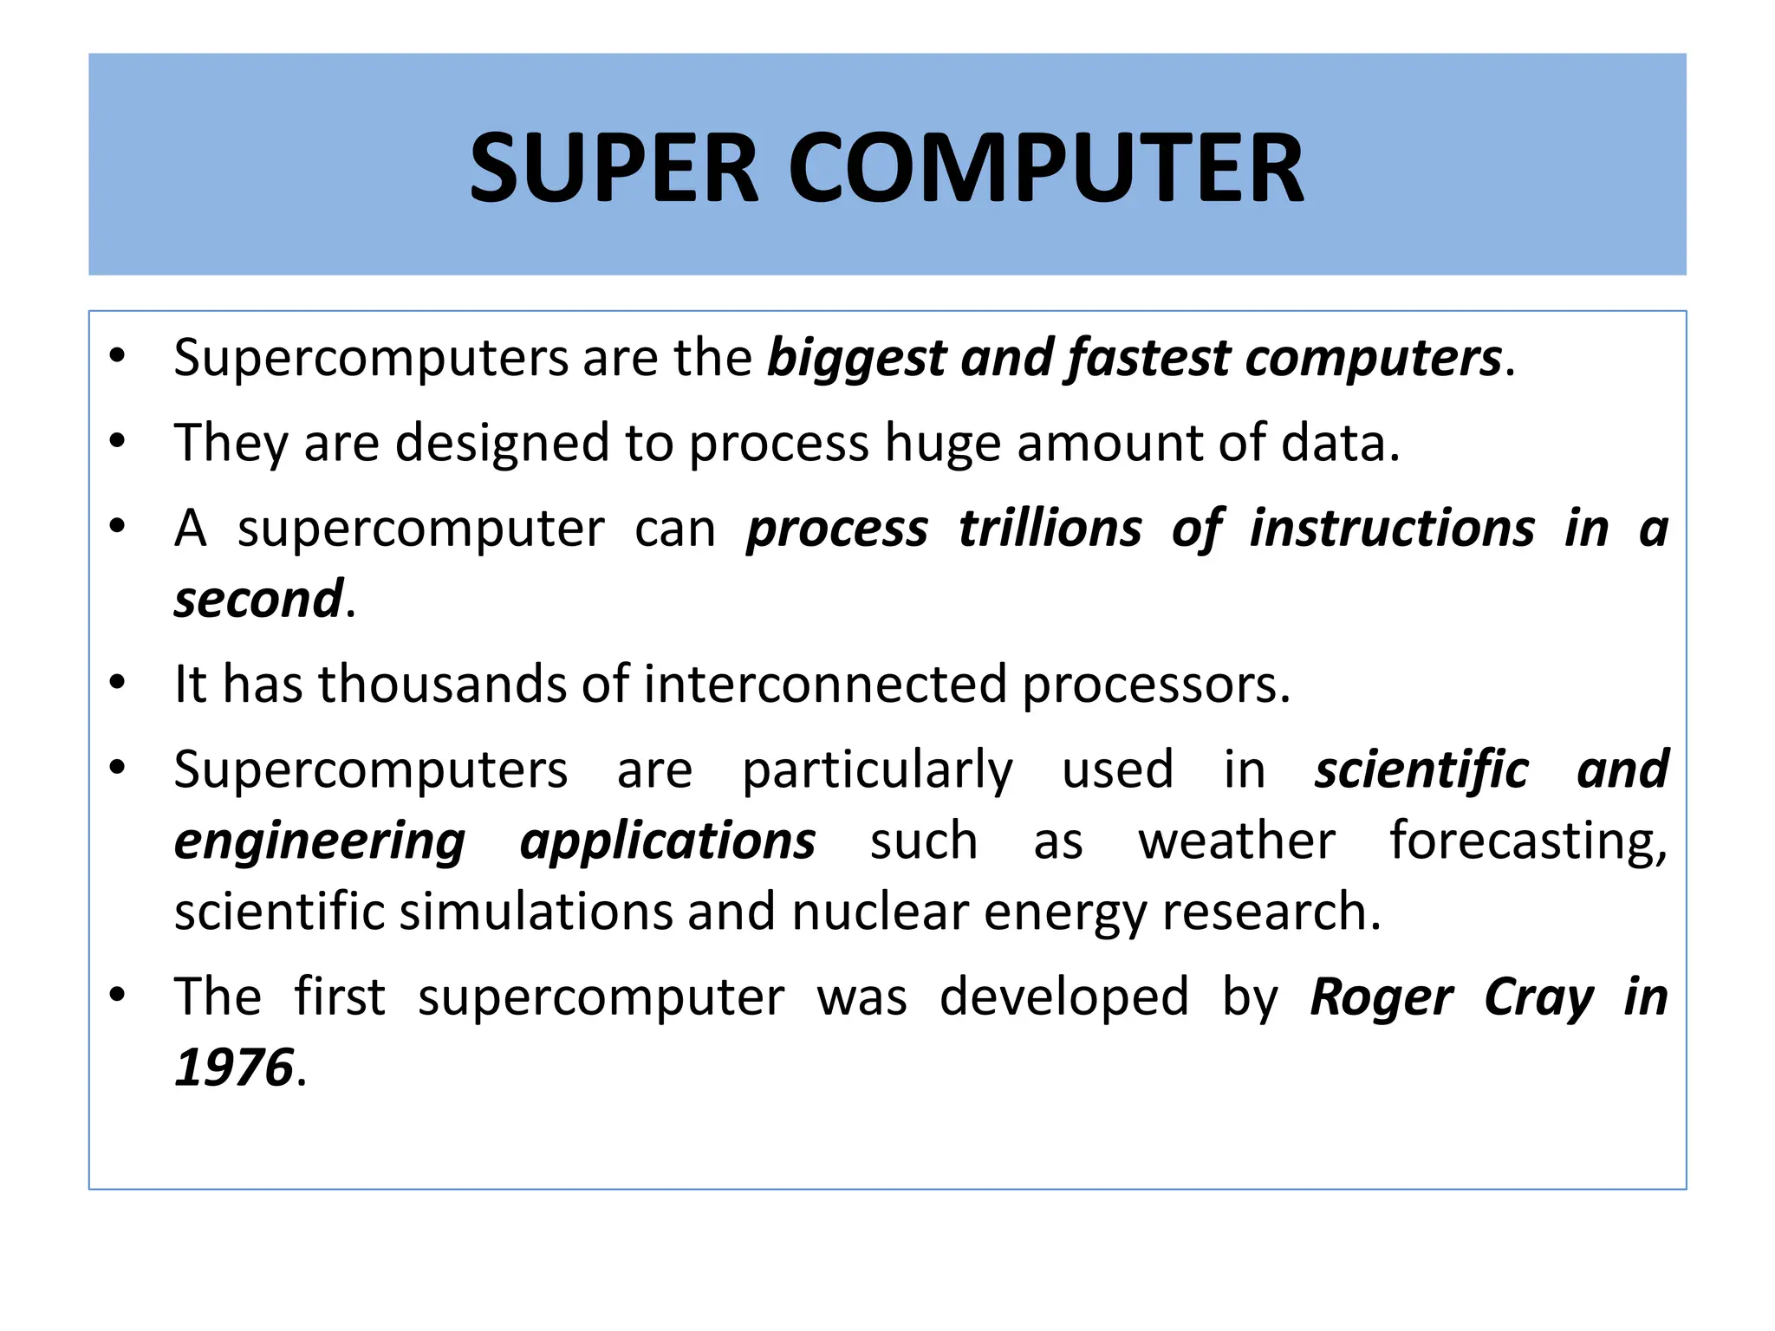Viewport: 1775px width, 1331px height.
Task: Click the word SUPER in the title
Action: coord(614,167)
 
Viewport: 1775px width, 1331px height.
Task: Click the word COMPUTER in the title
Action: coord(1045,167)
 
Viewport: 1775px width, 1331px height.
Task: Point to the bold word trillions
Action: coord(1050,529)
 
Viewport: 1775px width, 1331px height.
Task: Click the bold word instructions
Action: coord(1392,529)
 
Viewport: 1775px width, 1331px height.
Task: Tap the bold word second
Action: coord(258,600)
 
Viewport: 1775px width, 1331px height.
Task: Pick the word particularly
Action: coord(877,770)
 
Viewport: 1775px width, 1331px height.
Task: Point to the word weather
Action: coord(1237,841)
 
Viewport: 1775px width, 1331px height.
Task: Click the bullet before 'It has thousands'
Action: coord(118,684)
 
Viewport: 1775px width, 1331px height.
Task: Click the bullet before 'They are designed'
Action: coord(118,443)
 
